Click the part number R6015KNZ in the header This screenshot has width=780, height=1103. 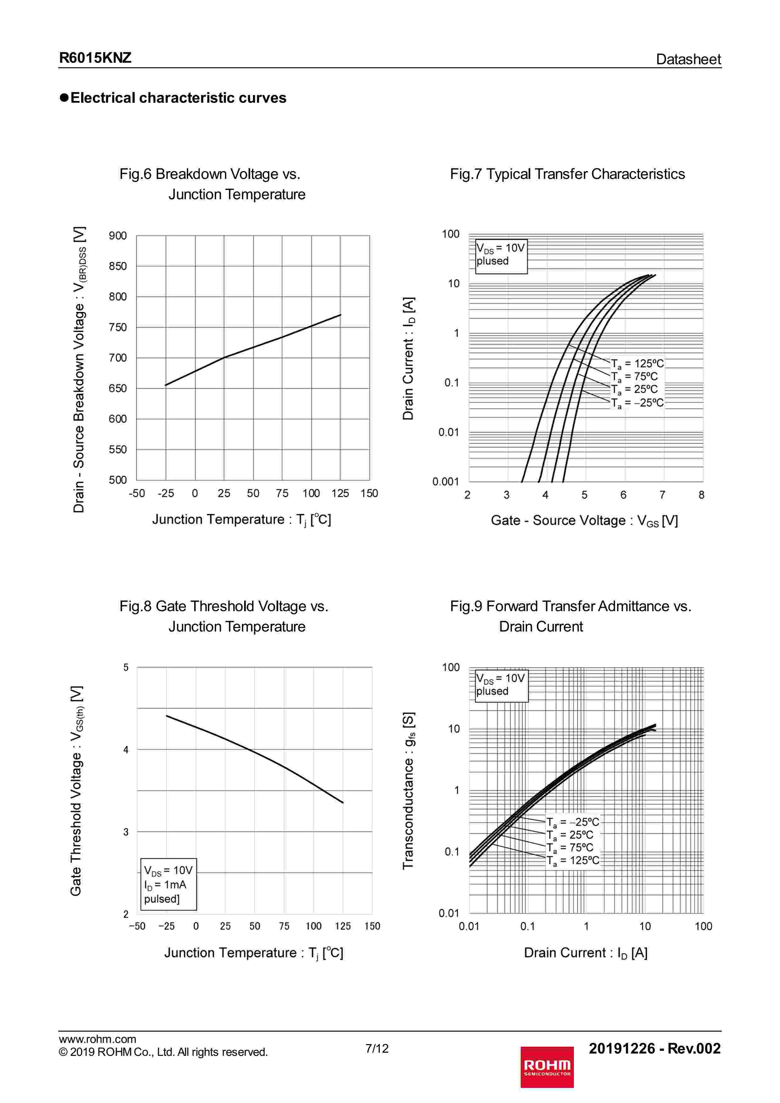pos(95,58)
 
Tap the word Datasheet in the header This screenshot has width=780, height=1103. pos(688,59)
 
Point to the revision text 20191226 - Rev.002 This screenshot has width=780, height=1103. pos(654,1048)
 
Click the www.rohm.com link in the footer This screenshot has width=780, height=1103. pos(97,1039)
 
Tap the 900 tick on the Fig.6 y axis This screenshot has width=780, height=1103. pos(118,236)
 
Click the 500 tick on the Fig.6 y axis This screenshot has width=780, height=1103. pos(118,480)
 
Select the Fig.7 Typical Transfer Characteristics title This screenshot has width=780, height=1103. pos(567,174)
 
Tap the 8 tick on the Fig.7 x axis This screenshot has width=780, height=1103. pos(701,495)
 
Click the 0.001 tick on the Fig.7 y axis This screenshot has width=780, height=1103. pos(446,482)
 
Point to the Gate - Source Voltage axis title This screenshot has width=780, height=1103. pos(584,521)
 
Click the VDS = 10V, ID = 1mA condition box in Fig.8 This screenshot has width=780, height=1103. pos(168,884)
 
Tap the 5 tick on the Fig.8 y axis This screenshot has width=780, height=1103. pos(126,667)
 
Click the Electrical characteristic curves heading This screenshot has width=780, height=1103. pos(178,98)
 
